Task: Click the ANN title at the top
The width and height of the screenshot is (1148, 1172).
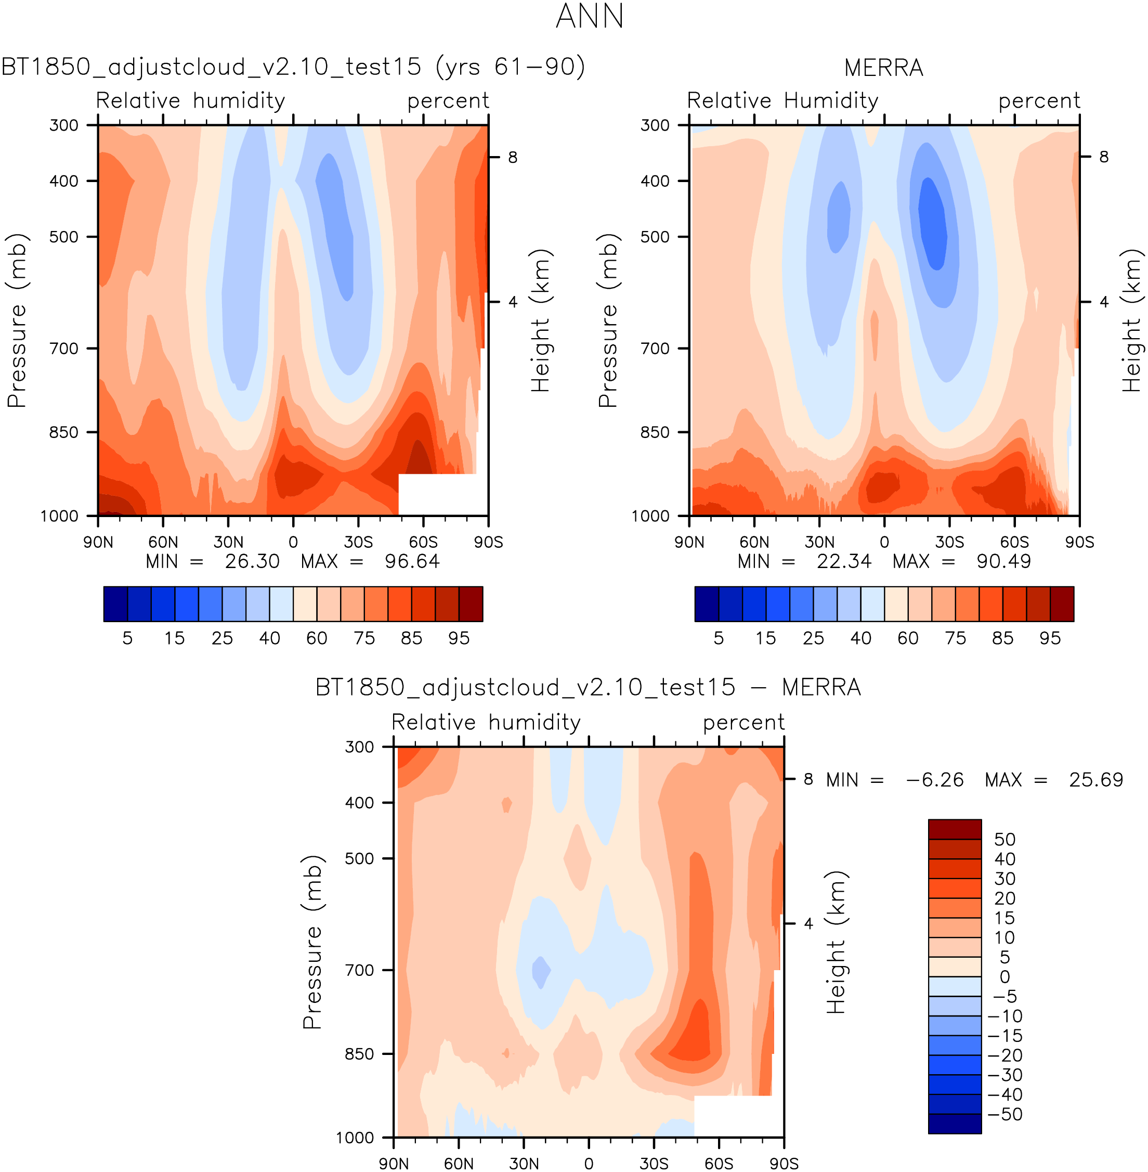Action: pyautogui.click(x=589, y=16)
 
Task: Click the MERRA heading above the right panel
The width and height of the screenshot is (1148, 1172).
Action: pyautogui.click(x=883, y=68)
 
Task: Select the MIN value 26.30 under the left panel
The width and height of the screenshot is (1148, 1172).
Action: pyautogui.click(x=252, y=562)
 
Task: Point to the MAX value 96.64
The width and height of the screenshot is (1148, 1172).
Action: pyautogui.click(x=412, y=562)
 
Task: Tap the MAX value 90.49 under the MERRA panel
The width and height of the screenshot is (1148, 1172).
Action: pyautogui.click(x=1004, y=562)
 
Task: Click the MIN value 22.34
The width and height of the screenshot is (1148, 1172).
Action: pyautogui.click(x=843, y=562)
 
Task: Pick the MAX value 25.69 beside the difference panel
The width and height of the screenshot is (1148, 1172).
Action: pyautogui.click(x=1095, y=780)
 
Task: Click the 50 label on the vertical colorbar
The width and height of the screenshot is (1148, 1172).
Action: pyautogui.click(x=1004, y=840)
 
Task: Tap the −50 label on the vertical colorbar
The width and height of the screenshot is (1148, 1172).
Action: pyautogui.click(x=1004, y=1114)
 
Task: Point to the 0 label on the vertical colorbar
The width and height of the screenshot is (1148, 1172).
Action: pyautogui.click(x=1004, y=977)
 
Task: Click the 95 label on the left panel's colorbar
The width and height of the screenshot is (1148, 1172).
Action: pyautogui.click(x=459, y=638)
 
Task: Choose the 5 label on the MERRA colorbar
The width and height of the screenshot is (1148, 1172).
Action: pyautogui.click(x=718, y=638)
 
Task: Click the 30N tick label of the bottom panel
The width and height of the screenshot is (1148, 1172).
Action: pyautogui.click(x=524, y=1164)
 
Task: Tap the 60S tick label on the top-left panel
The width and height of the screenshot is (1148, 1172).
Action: pyautogui.click(x=423, y=542)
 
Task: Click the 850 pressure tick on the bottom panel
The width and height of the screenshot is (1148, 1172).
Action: pyautogui.click(x=359, y=1054)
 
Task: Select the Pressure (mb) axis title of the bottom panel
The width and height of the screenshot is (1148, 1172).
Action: pyautogui.click(x=312, y=942)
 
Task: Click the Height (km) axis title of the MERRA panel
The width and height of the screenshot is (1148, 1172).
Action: pyautogui.click(x=1132, y=320)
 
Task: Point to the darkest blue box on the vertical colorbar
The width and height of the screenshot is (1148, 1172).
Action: pyautogui.click(x=955, y=1124)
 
